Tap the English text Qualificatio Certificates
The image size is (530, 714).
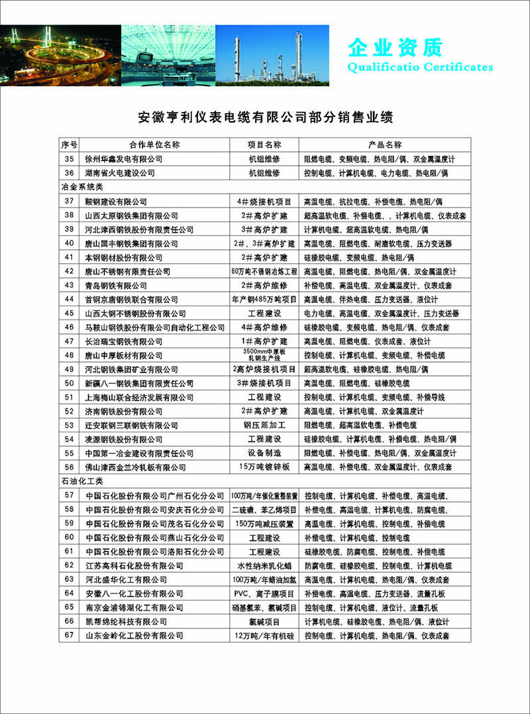click(420, 67)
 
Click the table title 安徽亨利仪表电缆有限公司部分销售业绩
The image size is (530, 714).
click(265, 118)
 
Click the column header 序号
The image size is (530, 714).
click(69, 145)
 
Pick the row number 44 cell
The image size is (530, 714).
click(69, 299)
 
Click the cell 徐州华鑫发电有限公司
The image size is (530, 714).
click(124, 159)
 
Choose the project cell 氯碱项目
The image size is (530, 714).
click(264, 621)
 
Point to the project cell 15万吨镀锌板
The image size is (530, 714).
click(264, 467)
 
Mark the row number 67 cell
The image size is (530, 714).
click(69, 635)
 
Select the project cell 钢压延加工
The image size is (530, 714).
click(264, 425)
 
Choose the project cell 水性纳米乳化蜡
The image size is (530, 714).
click(264, 565)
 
